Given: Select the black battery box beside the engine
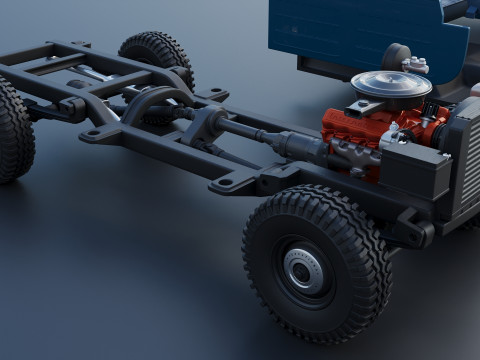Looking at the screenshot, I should [x=415, y=170].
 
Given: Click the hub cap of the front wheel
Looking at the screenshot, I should [x=302, y=269].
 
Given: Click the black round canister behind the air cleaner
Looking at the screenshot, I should [x=398, y=55].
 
